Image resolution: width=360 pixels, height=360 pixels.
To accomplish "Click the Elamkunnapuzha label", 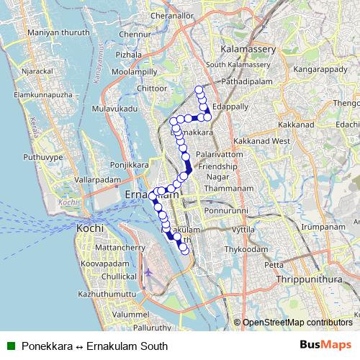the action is point(43,94).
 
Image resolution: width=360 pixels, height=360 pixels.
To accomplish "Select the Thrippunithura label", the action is point(299,279).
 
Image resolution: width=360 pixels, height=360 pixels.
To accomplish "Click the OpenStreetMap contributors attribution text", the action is point(297,322).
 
